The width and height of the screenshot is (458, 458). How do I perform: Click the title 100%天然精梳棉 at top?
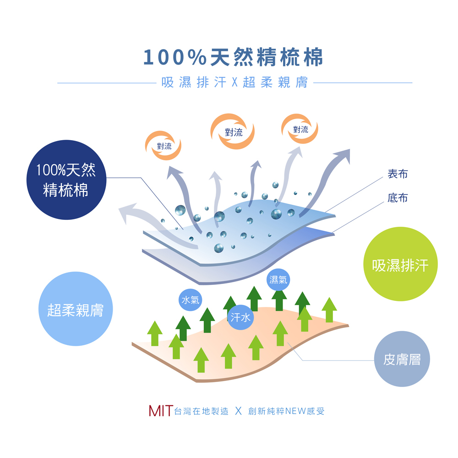coord(233,58)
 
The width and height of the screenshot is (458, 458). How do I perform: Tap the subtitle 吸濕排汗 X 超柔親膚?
coord(234,83)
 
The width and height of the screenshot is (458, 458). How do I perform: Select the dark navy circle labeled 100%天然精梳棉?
coord(66,180)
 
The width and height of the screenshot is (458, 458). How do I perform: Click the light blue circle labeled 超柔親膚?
coord(76,309)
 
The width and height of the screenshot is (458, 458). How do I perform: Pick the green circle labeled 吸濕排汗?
coord(400,264)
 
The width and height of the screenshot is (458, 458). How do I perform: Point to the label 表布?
coord(397,174)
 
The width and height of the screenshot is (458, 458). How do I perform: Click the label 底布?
coord(397,198)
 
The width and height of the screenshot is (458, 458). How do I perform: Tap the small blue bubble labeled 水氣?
coord(190,300)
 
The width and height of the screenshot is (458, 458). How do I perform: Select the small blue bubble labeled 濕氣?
coord(278,280)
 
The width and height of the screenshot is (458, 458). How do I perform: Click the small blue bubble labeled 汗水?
coord(240,316)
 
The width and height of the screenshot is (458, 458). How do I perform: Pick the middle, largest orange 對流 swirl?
coord(233,132)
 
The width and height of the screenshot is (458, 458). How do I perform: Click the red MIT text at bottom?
coord(161,411)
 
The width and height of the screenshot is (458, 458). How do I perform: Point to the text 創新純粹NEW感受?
coord(286,411)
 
